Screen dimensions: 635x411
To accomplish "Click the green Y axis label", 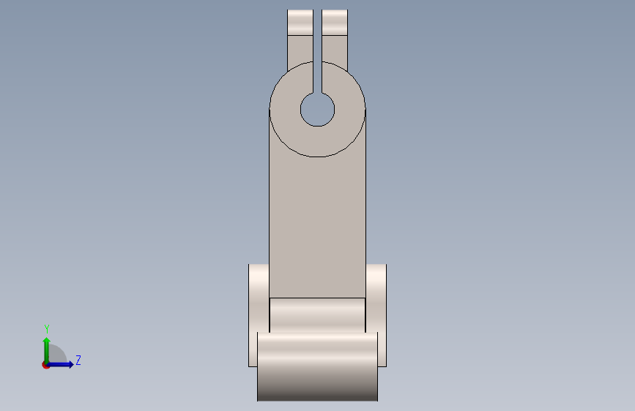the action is tap(47, 329).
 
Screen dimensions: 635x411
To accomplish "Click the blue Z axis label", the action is tap(78, 360).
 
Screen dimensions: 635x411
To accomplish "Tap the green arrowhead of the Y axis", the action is tap(47, 341).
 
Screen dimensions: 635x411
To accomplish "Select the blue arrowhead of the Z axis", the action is tap(71, 364).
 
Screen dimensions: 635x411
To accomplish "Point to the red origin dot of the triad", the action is tap(45, 365).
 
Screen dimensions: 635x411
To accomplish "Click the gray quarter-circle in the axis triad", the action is tap(58, 353).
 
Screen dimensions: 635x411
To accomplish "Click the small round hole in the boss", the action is tap(318, 110).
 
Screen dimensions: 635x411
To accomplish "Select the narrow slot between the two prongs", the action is tap(318, 51).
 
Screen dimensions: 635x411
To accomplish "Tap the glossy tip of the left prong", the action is tap(300, 22).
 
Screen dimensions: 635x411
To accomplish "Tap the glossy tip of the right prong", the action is tap(335, 22).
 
